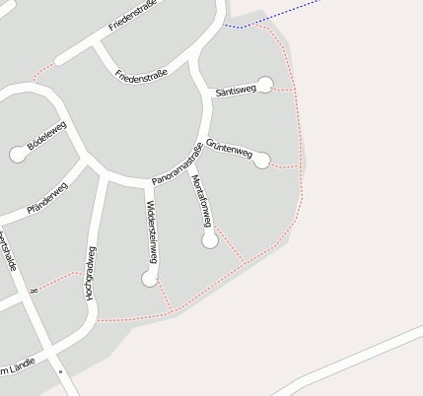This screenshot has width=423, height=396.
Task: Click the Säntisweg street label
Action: [235, 90]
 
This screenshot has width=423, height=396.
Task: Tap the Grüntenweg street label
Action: [229, 149]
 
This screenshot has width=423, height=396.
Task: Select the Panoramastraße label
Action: [177, 165]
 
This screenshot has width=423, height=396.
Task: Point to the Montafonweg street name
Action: [203, 201]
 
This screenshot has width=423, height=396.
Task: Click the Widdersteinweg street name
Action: [151, 231]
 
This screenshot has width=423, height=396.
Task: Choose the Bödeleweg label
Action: [46, 143]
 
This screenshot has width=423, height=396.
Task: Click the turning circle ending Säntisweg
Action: [264, 84]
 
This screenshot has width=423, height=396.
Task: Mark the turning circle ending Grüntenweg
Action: [261, 160]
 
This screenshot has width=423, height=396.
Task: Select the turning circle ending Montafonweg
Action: [209, 240]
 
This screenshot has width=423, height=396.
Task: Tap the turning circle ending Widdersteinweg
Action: [149, 280]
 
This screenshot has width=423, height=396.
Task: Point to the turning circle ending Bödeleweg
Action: [17, 154]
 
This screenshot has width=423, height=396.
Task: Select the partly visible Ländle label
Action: [20, 365]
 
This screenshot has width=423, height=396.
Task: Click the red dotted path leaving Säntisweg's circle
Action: [284, 90]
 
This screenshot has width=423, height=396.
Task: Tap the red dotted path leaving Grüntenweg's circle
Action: [284, 166]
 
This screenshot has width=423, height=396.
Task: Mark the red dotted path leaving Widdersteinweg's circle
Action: [164, 297]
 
